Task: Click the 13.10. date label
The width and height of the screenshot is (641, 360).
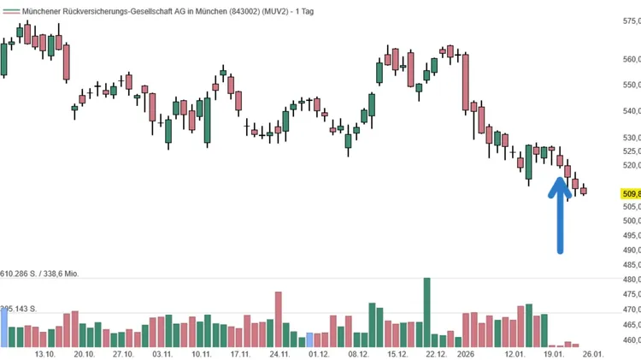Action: (x=45, y=353)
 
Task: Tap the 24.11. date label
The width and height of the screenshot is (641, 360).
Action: (x=279, y=353)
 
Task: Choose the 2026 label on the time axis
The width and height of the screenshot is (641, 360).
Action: (x=466, y=353)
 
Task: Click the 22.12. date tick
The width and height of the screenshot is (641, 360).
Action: (x=436, y=353)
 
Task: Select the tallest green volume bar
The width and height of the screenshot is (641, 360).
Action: (x=426, y=312)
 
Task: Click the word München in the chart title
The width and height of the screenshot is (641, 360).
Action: (x=206, y=9)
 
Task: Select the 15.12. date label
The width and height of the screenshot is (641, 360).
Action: (x=397, y=353)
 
